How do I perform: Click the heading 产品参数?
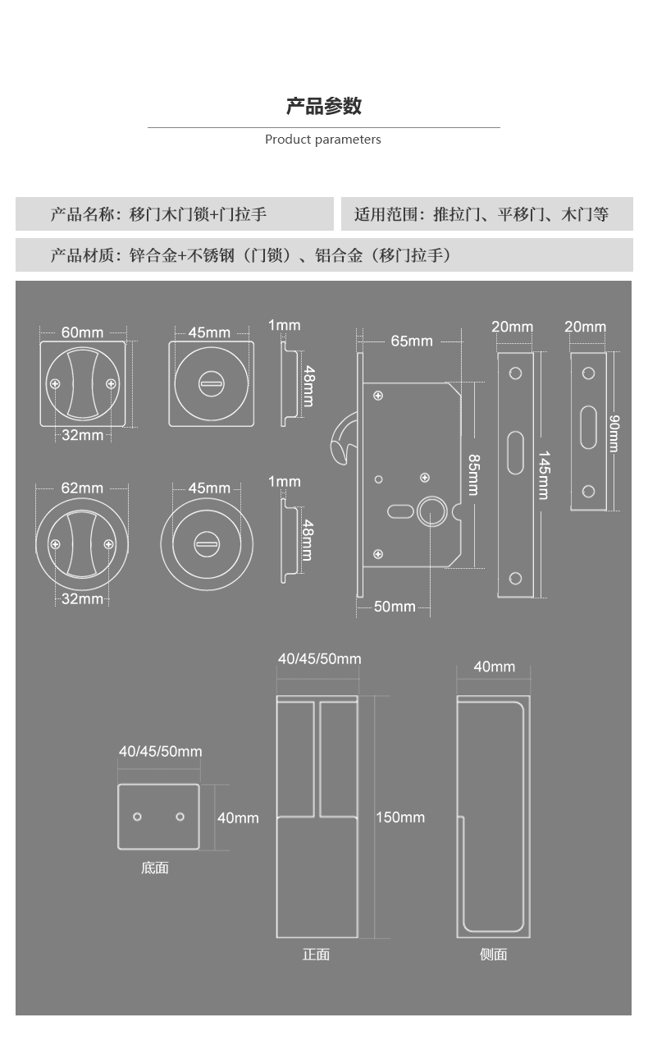pos(323,106)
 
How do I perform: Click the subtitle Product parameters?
pos(323,140)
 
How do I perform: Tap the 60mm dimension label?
pos(82,332)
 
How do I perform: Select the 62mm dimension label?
pos(82,488)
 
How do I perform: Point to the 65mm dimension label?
pos(411,341)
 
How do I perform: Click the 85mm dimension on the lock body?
pos(473,474)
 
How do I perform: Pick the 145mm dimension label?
pos(543,474)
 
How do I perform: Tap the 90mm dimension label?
pos(614,433)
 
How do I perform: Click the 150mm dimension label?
pos(400,818)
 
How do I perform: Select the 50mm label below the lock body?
pos(395,607)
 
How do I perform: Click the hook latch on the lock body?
pos(340,439)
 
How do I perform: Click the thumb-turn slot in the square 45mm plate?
pos(211,383)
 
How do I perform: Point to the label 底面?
pos(154,868)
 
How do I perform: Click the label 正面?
pos(316,954)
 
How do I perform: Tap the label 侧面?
pos(493,954)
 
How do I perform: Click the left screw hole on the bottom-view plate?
pos(137,817)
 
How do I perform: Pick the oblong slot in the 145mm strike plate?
pos(515,452)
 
